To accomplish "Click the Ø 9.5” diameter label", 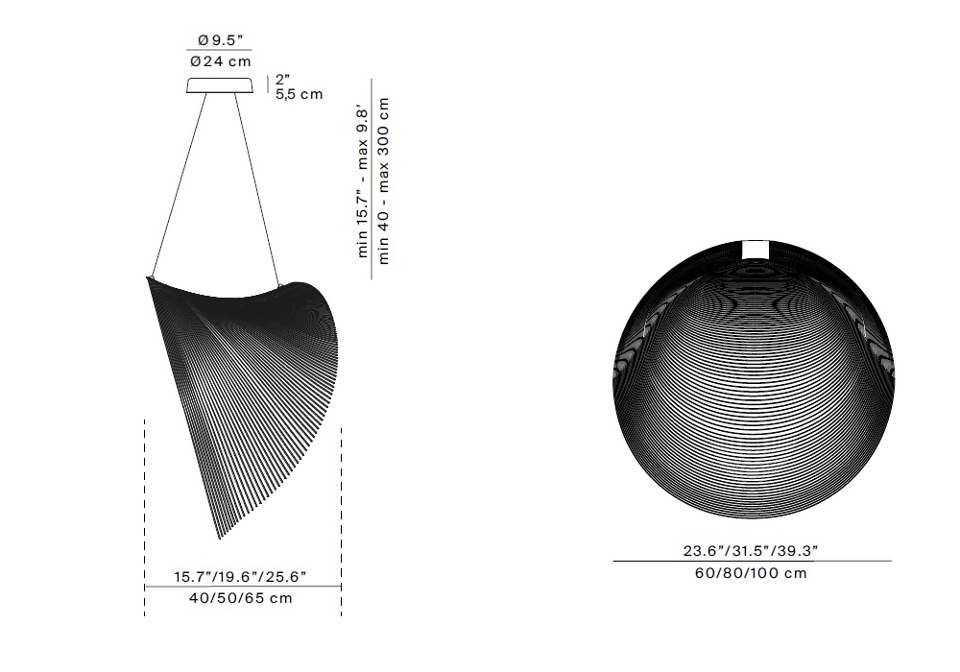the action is pyautogui.click(x=221, y=40).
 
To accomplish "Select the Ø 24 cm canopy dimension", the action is pyautogui.click(x=221, y=61).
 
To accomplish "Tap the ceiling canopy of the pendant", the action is pyautogui.click(x=221, y=85).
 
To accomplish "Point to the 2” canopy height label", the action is pyautogui.click(x=282, y=79).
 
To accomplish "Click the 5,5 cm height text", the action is pyautogui.click(x=299, y=94).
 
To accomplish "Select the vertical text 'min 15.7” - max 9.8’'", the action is pyautogui.click(x=362, y=183).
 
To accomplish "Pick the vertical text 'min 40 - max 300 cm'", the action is pyautogui.click(x=383, y=180).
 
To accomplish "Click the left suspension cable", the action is pyautogui.click(x=179, y=185).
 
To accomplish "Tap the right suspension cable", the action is pyautogui.click(x=257, y=190).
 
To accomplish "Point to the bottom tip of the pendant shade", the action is pyautogui.click(x=219, y=540).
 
